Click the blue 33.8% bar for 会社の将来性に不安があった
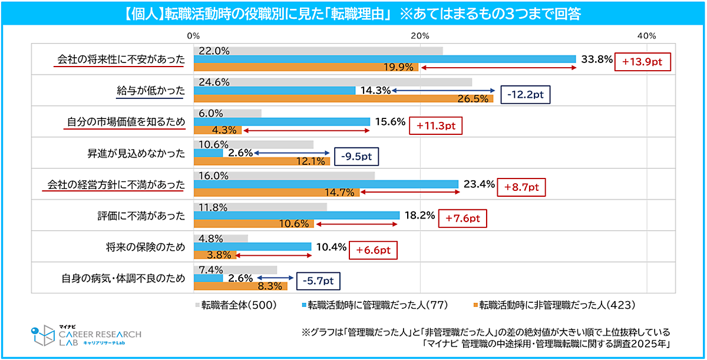coord(384,59)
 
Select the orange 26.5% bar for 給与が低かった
coord(343,98)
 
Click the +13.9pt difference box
coord(642,61)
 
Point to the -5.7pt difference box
coord(318,282)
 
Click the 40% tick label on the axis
coord(646,36)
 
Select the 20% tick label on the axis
coord(419,36)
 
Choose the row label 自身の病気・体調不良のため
coord(124,279)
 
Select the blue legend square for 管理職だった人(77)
coord(305,305)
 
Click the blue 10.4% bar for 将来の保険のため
coord(252,247)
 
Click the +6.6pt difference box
coord(373,250)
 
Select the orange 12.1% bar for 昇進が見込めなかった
coord(262,161)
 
